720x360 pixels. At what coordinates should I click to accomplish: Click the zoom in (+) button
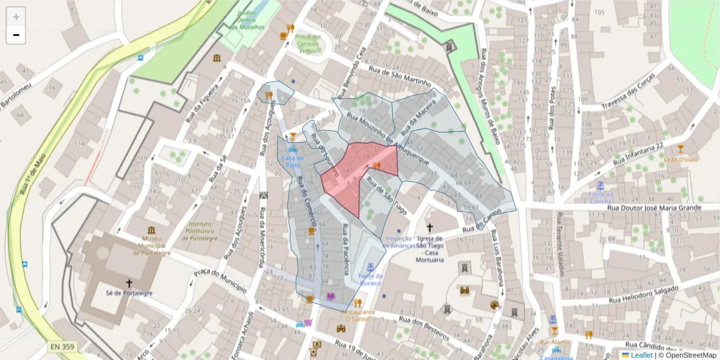coord(16,17)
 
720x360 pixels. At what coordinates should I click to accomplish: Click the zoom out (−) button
coord(16,35)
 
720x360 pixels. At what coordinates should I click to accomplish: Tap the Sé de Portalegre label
coord(128,293)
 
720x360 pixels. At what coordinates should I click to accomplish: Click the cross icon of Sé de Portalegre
coord(128,283)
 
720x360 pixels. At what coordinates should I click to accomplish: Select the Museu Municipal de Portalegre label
coord(151,245)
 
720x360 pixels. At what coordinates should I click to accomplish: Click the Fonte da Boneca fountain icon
coord(370,266)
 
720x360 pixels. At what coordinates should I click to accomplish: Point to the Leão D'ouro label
coord(680,160)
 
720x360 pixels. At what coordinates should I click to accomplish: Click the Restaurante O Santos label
coord(360,316)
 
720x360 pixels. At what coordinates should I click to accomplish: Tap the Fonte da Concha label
coord(601,197)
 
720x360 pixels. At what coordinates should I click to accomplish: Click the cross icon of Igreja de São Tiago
coord(429,227)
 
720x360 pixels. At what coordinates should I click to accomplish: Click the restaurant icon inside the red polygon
coord(377,166)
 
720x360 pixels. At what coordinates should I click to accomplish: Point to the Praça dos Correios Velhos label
coord(307,44)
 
